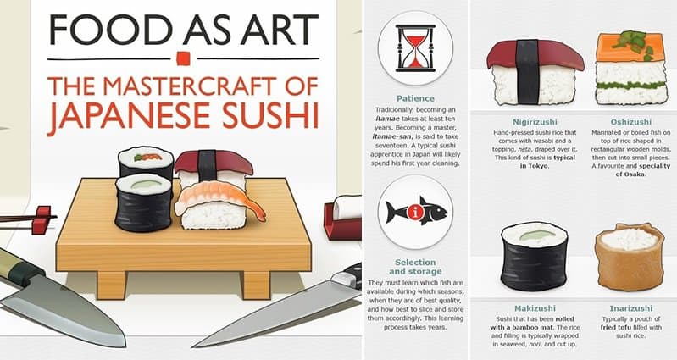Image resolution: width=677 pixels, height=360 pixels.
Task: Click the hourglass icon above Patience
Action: pyautogui.click(x=415, y=48)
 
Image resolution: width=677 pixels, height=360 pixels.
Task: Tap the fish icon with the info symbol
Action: pyautogui.click(x=416, y=211)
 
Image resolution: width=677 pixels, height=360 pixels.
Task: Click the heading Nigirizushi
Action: pyautogui.click(x=535, y=122)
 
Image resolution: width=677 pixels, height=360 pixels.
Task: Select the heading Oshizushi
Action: pyautogui.click(x=630, y=122)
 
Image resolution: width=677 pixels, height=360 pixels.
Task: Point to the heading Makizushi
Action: pyautogui.click(x=535, y=308)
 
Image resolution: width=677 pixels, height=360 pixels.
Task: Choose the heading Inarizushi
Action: pyautogui.click(x=630, y=308)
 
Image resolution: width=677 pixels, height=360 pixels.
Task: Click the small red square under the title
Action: pyautogui.click(x=183, y=58)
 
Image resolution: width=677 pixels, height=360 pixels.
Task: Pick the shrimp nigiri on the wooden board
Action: pyautogui.click(x=218, y=206)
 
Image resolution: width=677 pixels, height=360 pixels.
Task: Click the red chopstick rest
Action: pyautogui.click(x=42, y=219)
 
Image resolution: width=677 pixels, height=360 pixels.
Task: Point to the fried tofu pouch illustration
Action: pyautogui.click(x=630, y=257)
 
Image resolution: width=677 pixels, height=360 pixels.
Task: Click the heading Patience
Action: pyautogui.click(x=415, y=98)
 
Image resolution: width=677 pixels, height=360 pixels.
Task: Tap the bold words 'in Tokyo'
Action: pyautogui.click(x=535, y=166)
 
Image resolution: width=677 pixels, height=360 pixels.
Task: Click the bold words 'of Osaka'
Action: pyautogui.click(x=630, y=174)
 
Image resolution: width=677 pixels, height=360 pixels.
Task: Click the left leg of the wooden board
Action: pyautogui.click(x=112, y=285)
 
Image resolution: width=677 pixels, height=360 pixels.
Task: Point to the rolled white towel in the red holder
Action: pyautogui.click(x=347, y=208)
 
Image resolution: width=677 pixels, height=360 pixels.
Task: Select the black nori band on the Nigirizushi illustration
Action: pyautogui.click(x=527, y=72)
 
